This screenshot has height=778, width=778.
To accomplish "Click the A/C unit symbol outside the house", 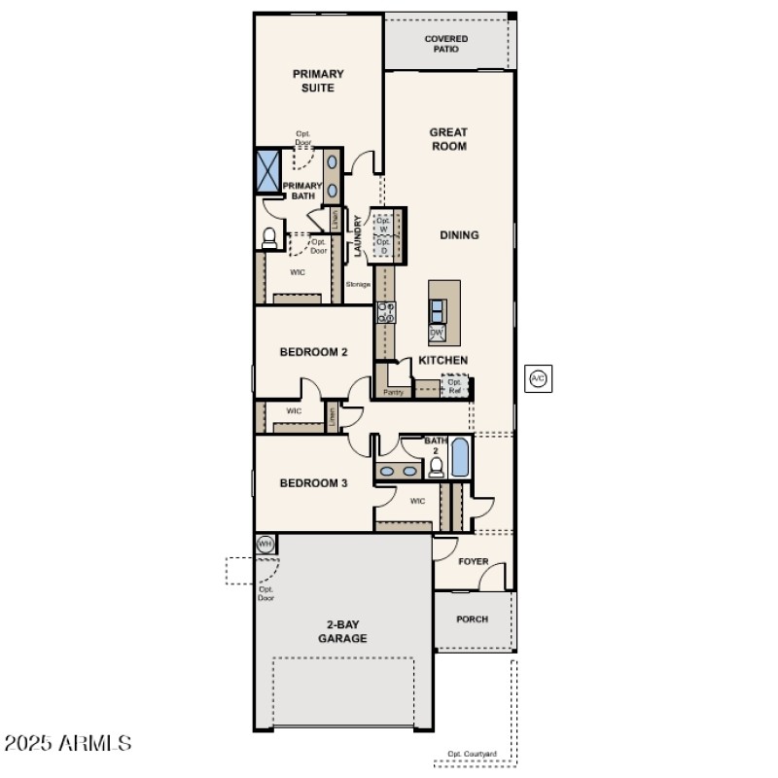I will pos(538,378).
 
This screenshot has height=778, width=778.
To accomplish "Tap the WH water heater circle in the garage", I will pos(265,544).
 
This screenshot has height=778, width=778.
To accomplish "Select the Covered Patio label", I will pos(446,44).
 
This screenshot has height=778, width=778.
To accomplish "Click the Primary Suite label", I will pos(318,81).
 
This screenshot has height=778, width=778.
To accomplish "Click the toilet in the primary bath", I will pos(269,236).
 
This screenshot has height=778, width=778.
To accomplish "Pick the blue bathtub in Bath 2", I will pos(459,457).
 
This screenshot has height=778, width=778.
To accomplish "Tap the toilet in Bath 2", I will pos(437,468).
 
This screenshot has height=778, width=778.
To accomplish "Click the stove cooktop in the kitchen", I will pos(386,312).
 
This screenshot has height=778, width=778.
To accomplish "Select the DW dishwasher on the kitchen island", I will pos(438,333).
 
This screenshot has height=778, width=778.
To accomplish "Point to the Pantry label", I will pos(393,393).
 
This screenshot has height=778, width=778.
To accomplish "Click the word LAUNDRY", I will pos(359,236).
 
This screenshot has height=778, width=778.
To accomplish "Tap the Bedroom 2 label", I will pos(313,352).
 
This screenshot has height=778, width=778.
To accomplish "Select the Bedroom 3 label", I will pos(313,482).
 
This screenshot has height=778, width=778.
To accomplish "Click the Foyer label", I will pos(474,561).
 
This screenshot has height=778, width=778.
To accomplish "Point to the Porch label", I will pos(473,619).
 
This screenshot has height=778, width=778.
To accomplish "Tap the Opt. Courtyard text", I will pos(473,754).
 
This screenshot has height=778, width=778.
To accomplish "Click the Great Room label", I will pos(448,139).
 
